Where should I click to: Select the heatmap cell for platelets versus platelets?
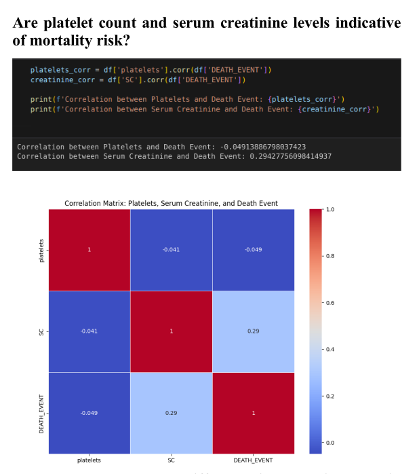[x=89, y=250]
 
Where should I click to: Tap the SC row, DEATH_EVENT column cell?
[x=254, y=331]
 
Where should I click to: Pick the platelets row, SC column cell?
[x=172, y=250]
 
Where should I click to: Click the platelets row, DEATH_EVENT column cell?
[x=254, y=250]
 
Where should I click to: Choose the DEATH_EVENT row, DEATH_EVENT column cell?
[x=254, y=413]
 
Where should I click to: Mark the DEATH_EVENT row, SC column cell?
[x=172, y=413]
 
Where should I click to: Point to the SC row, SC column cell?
[x=172, y=331]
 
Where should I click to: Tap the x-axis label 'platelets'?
[x=89, y=460]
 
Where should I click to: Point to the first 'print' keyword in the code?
[x=39, y=99]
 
